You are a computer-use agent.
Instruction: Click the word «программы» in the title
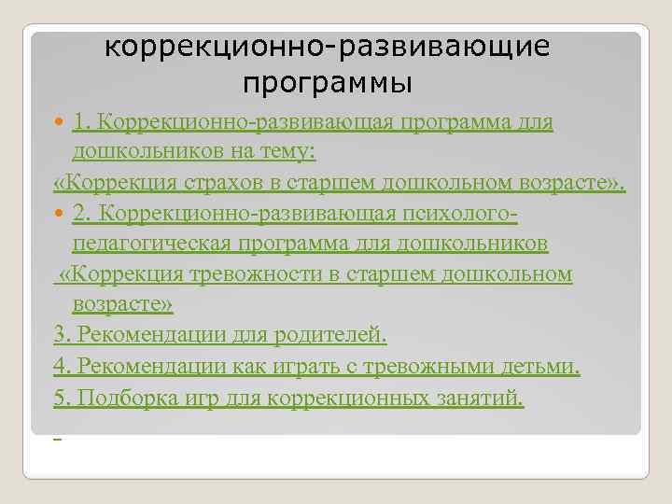[x=327, y=84]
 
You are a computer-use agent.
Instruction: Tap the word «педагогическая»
[x=159, y=244]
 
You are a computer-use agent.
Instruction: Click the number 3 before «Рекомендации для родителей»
[x=62, y=335]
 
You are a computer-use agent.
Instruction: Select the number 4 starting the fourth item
[x=62, y=366]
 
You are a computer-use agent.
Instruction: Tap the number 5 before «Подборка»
[x=62, y=399]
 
